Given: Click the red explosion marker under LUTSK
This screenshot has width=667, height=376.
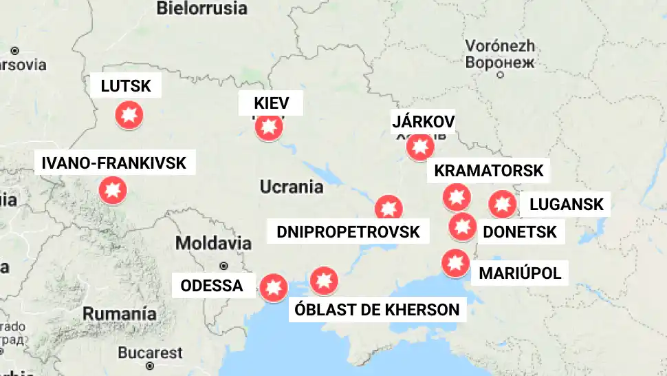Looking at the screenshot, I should [x=129, y=115].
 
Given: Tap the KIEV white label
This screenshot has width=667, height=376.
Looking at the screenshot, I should [x=271, y=104].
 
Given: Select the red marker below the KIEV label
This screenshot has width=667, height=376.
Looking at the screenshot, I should [x=269, y=127].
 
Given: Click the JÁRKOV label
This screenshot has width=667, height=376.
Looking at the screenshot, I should [x=423, y=122].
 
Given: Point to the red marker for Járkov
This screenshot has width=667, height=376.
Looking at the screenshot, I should [x=420, y=147].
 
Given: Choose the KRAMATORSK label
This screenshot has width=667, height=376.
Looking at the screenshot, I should [x=489, y=170].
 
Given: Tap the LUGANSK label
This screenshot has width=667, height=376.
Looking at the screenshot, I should [x=566, y=204].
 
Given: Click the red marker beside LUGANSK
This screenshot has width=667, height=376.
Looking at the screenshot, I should [x=502, y=204].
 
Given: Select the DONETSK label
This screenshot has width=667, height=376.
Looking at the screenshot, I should [x=520, y=232].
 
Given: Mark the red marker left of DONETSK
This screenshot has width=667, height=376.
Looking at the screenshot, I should [x=462, y=227].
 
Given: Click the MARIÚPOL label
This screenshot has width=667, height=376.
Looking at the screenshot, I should [x=520, y=273].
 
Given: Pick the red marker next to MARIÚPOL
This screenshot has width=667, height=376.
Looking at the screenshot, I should [x=454, y=263].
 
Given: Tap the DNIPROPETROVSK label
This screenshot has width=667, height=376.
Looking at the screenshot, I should [x=348, y=231].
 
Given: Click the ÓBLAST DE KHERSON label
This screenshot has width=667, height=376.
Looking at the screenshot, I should [x=377, y=309].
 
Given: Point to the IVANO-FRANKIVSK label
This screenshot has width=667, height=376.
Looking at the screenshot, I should [x=114, y=163].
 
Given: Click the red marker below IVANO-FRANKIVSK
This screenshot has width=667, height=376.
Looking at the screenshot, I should [x=113, y=191].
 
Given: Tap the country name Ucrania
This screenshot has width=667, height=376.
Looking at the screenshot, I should [x=292, y=187].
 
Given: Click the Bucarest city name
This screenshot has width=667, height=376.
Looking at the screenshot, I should [x=150, y=353].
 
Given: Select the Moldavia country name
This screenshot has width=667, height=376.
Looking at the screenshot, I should [x=213, y=243].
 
